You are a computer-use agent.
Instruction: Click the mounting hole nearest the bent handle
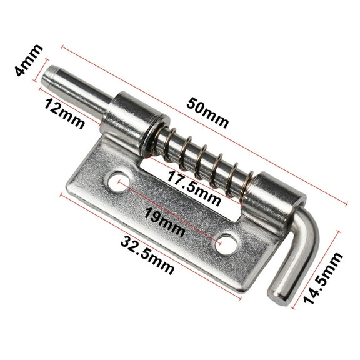(x=226, y=243)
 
